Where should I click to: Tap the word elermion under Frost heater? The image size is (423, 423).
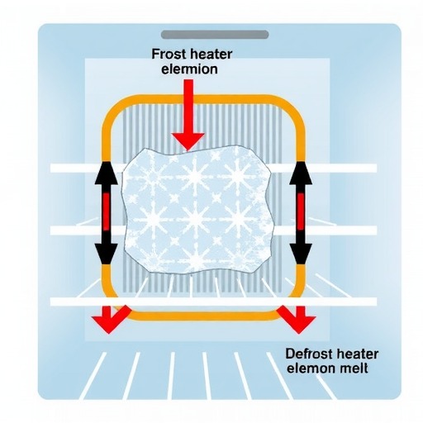[189, 69]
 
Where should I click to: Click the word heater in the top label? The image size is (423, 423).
[209, 55]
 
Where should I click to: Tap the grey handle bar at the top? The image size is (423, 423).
[215, 35]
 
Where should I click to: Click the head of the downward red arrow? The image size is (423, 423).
[188, 141]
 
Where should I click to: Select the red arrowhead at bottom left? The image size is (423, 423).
[110, 321]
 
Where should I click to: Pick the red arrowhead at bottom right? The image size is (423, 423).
[297, 321]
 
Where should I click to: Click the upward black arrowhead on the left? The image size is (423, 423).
[106, 173]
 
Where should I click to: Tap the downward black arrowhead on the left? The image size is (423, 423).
[106, 254]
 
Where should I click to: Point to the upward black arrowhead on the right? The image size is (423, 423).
[301, 173]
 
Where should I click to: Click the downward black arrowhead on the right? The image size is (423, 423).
[301, 254]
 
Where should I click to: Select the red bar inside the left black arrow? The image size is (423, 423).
[106, 211]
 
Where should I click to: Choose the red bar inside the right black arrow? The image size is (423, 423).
[301, 211]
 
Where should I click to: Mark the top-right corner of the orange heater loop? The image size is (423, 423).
[295, 107]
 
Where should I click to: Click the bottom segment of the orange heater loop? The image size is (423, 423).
[203, 316]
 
